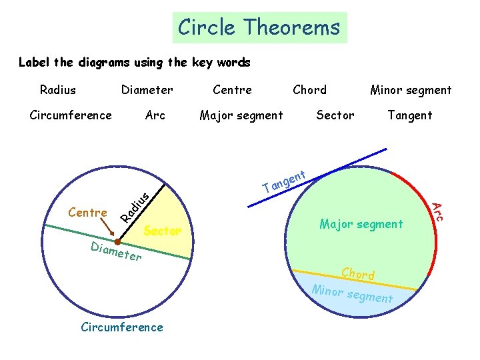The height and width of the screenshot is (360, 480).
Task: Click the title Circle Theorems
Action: click(x=259, y=27)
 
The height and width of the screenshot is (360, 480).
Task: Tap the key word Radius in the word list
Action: click(x=58, y=89)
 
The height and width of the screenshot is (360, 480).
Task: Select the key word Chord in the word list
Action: click(x=310, y=89)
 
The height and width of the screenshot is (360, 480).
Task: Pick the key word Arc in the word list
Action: click(x=155, y=115)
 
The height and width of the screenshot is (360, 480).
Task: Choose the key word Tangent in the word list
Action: click(x=410, y=115)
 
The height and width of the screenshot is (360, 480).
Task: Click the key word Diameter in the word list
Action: click(x=147, y=89)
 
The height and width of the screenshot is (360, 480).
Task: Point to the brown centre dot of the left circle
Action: click(x=117, y=241)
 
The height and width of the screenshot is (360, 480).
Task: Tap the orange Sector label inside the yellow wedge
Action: click(x=163, y=231)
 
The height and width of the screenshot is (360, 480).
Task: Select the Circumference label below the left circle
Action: click(x=121, y=327)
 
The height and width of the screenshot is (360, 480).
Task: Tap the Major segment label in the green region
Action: click(x=361, y=224)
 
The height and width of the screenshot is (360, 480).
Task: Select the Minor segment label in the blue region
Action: click(x=353, y=294)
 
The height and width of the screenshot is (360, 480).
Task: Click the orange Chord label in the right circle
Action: click(x=358, y=273)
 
